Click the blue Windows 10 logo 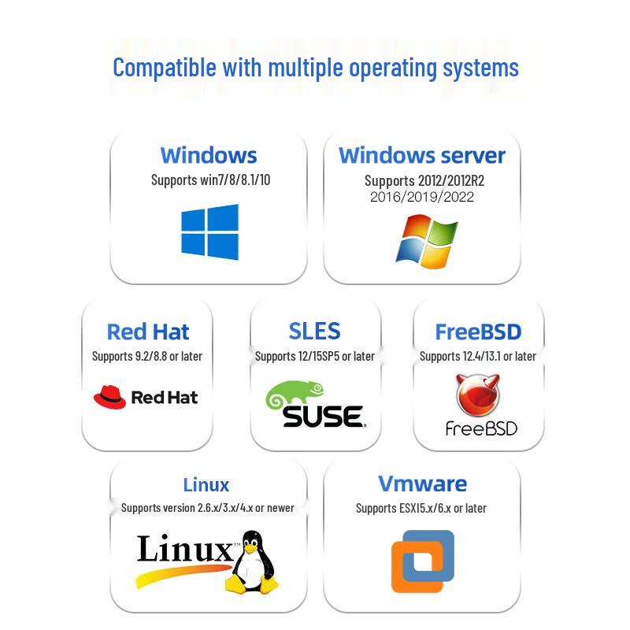pyautogui.click(x=209, y=232)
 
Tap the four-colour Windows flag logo pyautogui.click(x=426, y=241)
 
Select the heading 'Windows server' pyautogui.click(x=422, y=155)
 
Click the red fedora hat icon pyautogui.click(x=109, y=397)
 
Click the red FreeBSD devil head pyautogui.click(x=478, y=396)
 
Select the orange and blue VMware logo pyautogui.click(x=423, y=561)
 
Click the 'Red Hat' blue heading pyautogui.click(x=148, y=332)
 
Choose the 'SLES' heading pyautogui.click(x=314, y=331)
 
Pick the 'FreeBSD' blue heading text pyautogui.click(x=478, y=332)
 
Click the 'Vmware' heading pyautogui.click(x=422, y=484)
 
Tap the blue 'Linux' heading pyautogui.click(x=206, y=484)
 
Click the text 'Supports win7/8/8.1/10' pyautogui.click(x=210, y=180)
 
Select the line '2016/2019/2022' pyautogui.click(x=422, y=197)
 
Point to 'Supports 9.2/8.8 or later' pyautogui.click(x=147, y=356)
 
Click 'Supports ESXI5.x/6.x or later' pyautogui.click(x=421, y=508)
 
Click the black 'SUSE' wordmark pyautogui.click(x=323, y=415)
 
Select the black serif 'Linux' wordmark pyautogui.click(x=185, y=549)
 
